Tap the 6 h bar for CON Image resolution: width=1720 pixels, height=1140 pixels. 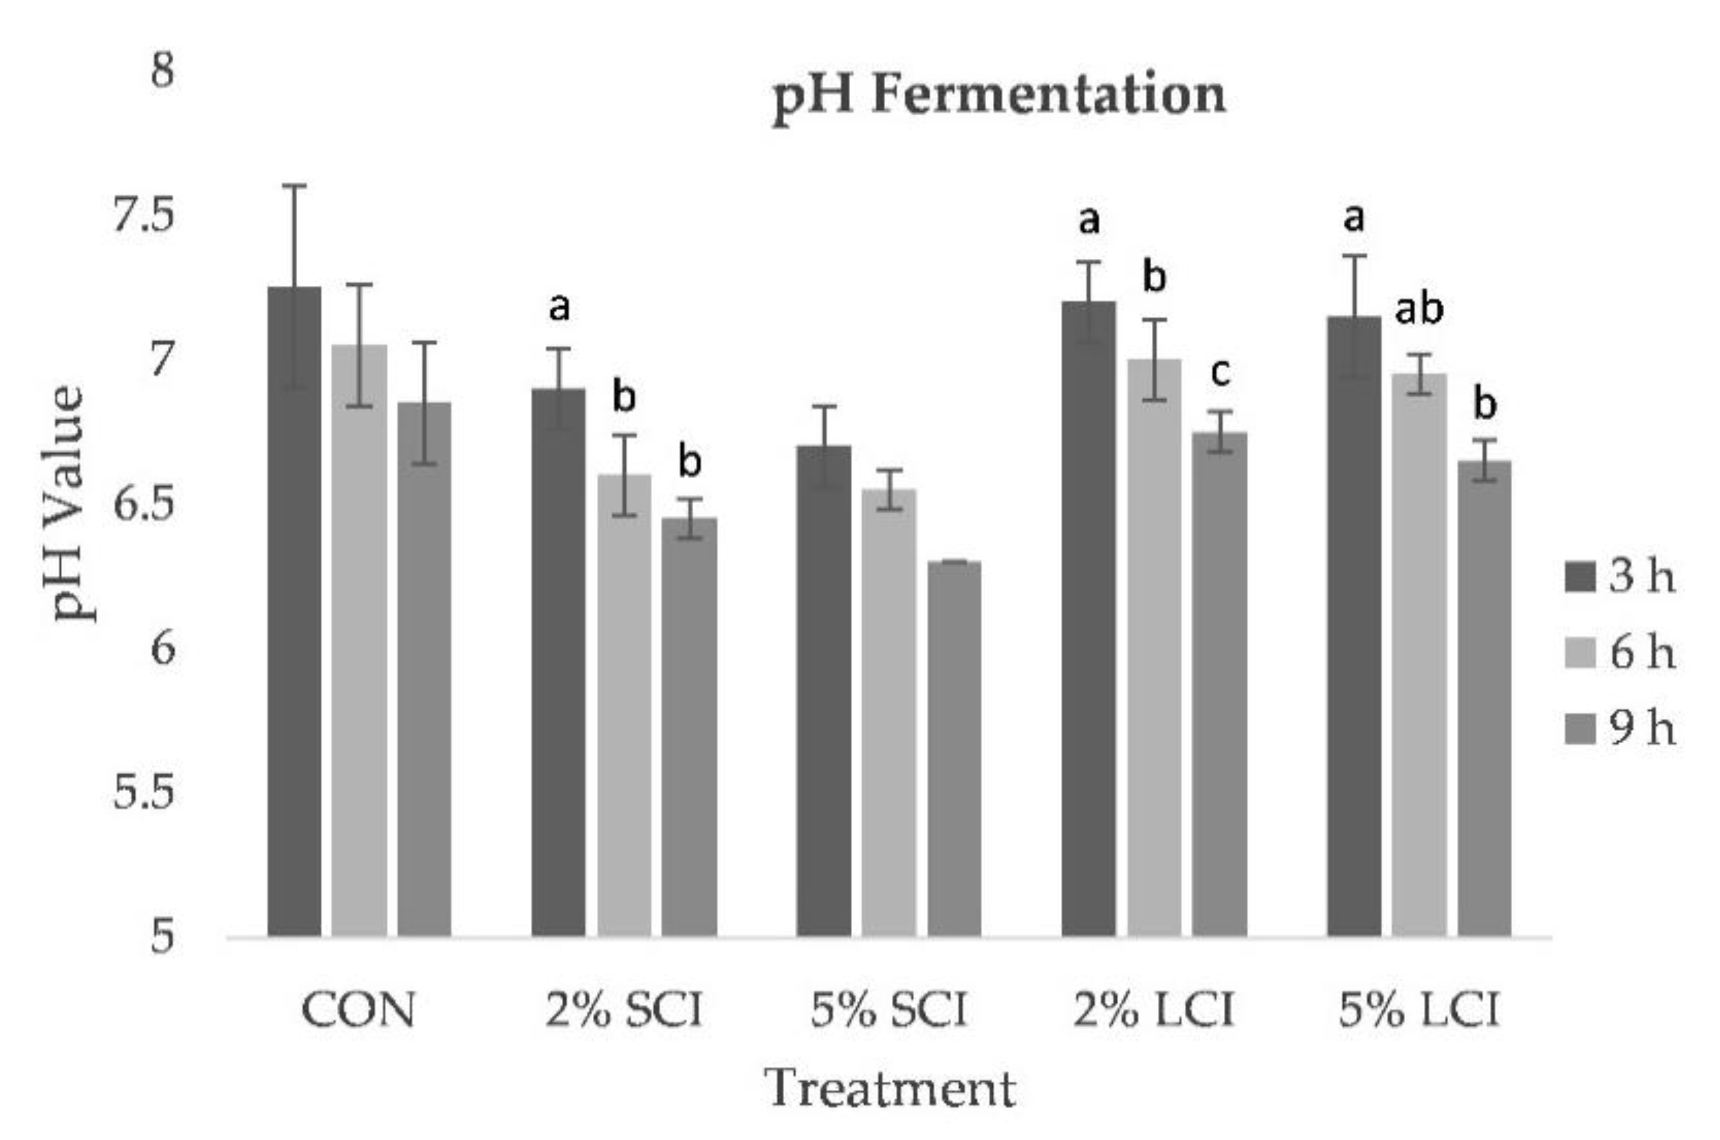(360, 640)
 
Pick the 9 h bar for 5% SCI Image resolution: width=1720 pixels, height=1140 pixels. (954, 749)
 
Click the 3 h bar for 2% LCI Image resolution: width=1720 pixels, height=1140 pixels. (1089, 618)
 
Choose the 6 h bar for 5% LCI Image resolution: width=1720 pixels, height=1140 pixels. (1419, 654)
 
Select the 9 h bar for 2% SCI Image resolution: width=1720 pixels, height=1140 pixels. (690, 727)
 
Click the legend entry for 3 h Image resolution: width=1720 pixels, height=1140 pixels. (1621, 576)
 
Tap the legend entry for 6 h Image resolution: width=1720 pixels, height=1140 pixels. (1621, 653)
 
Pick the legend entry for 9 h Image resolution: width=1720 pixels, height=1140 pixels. (1621, 729)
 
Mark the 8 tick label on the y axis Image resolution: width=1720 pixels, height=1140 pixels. (162, 72)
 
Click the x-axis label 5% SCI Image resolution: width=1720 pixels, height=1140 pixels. (889, 1011)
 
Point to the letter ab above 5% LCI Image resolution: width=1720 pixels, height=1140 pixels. (1418, 309)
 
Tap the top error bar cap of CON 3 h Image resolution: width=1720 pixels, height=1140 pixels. (294, 186)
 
